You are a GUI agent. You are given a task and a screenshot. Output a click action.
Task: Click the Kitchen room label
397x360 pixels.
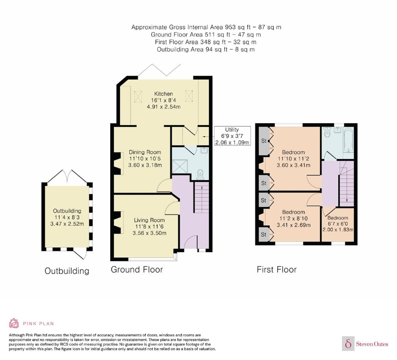(163, 94)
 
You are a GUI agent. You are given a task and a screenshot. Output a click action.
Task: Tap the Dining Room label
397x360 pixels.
(145, 152)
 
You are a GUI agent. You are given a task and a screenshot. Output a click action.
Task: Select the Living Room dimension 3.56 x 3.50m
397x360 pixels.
(149, 233)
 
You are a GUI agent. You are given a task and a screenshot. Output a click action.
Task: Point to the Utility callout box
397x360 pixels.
(232, 136)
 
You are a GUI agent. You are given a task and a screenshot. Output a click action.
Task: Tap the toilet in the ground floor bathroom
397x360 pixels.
(200, 174)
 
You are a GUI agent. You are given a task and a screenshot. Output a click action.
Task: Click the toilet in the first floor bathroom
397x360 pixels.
(327, 133)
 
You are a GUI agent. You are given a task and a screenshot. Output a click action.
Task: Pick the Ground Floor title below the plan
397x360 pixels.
(137, 270)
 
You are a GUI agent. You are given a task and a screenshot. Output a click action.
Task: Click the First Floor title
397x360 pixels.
(277, 270)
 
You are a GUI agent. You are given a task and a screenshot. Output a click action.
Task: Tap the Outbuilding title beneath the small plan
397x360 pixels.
(67, 271)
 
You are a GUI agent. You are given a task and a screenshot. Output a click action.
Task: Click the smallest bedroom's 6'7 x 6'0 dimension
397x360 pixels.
(338, 224)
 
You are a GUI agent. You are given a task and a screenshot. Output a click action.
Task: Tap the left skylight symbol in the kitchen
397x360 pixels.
(138, 96)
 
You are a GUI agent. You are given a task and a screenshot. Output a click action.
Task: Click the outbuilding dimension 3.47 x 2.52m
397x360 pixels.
(67, 224)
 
